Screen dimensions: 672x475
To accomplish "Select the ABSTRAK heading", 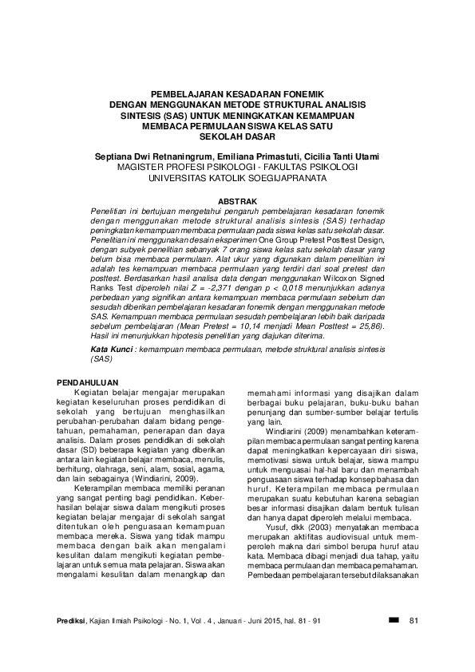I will point(237,199).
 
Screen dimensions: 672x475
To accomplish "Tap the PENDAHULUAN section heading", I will point(92,383).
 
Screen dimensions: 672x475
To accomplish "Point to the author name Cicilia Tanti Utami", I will point(329,156).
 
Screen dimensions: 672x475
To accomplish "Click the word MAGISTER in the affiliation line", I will point(141,168).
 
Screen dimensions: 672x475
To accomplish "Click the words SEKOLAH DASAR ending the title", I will point(237,136).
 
